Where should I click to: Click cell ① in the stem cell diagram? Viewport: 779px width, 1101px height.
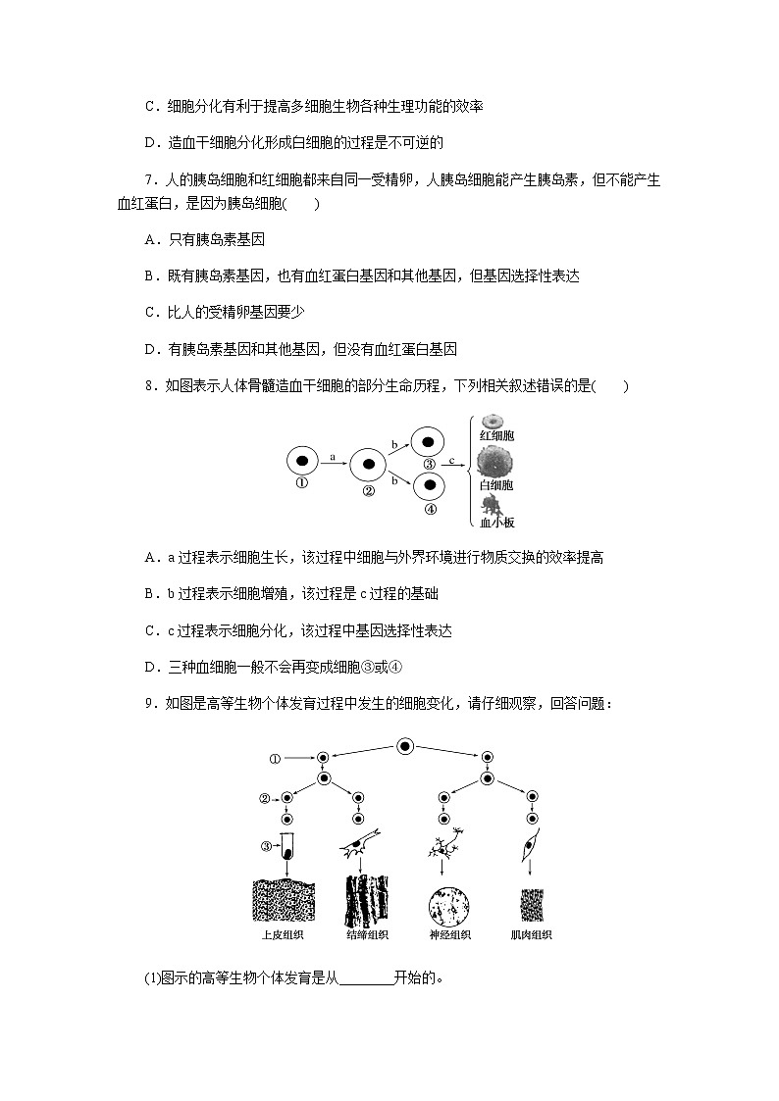[302, 459]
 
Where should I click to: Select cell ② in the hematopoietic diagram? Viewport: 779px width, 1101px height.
[367, 465]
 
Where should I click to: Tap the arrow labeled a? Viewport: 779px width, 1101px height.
[334, 463]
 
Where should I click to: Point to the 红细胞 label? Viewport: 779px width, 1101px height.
[496, 434]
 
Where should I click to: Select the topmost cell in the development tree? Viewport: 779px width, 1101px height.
[404, 746]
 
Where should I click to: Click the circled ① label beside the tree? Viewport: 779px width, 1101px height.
[276, 758]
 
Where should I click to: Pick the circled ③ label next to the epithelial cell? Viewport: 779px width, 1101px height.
[266, 847]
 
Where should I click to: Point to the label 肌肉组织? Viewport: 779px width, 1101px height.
[532, 935]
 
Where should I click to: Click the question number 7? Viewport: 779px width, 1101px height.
[148, 180]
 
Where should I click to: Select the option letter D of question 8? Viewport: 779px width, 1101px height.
[150, 668]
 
